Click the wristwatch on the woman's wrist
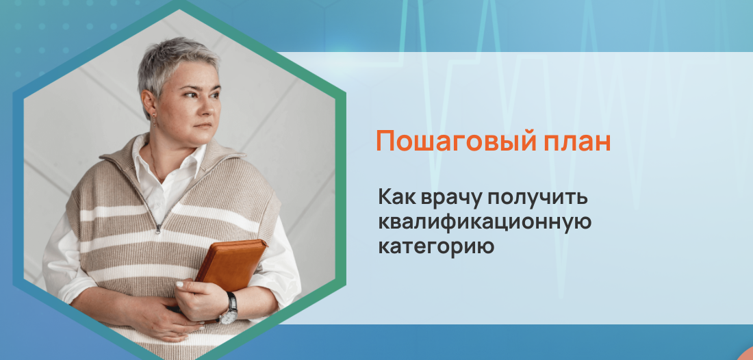point(229,309)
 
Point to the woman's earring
point(153,125)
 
